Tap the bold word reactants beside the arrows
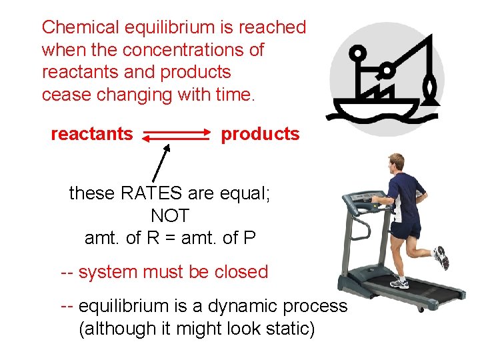click(x=92, y=134)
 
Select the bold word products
click(x=260, y=134)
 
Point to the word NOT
click(x=170, y=215)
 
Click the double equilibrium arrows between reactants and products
click(x=176, y=135)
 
